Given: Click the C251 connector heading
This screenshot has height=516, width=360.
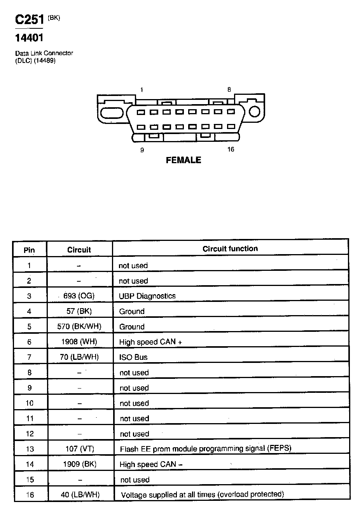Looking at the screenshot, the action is [30, 19].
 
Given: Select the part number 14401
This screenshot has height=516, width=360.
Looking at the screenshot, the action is [29, 38].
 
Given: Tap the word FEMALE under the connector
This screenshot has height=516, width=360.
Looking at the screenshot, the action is [183, 160].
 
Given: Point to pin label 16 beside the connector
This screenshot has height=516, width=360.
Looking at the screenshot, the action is [231, 150].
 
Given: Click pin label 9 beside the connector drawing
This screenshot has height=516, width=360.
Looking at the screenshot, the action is [142, 150].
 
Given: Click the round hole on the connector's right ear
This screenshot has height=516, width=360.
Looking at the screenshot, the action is [254, 112].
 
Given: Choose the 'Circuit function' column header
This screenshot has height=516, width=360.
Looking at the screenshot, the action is [230, 249].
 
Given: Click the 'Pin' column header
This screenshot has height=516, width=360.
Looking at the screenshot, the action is [29, 250].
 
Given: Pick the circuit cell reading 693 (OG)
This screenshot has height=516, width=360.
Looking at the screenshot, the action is [79, 296].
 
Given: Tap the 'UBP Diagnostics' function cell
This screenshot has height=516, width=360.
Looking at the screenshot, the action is [147, 296].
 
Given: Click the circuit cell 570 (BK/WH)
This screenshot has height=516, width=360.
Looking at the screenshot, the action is [79, 326].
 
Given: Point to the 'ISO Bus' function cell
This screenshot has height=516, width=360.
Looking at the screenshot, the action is [133, 357].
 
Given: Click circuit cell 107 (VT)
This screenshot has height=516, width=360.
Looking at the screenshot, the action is [80, 449].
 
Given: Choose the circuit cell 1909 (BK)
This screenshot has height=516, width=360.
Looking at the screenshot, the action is [80, 464].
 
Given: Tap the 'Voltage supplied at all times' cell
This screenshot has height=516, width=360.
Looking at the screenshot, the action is [203, 495].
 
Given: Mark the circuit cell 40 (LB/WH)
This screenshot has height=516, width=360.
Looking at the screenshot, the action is [80, 495].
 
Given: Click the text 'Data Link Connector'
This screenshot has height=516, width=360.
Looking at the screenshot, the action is [44, 53].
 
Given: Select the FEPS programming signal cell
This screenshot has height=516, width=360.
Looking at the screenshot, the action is [206, 449].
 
